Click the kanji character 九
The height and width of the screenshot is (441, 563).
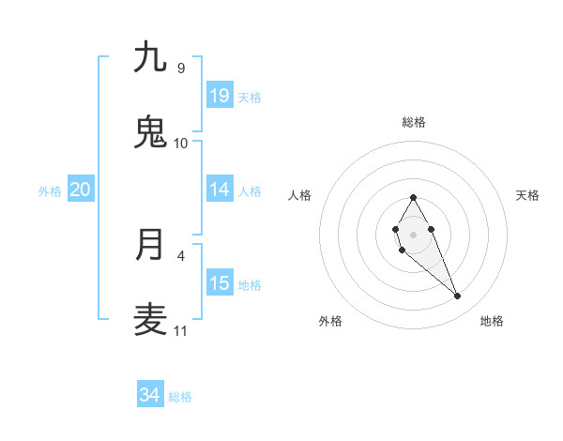(x=150, y=58)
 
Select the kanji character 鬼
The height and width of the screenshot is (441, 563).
(x=150, y=132)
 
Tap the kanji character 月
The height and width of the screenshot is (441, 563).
(x=150, y=245)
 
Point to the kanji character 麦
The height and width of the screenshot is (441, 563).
(x=150, y=320)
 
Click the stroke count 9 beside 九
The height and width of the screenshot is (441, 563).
(x=180, y=68)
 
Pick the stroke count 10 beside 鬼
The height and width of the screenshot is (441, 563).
(x=180, y=143)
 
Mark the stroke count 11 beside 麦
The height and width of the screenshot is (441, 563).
(x=180, y=330)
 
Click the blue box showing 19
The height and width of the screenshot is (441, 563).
(x=220, y=95)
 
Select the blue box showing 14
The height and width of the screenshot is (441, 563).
(x=220, y=190)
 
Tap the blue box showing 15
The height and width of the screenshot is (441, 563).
(x=220, y=283)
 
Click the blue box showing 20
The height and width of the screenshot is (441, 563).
(x=81, y=190)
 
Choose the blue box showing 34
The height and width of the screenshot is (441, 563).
(x=150, y=395)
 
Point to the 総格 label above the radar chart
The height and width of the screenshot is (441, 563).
(x=413, y=122)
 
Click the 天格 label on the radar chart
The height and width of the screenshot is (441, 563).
(x=527, y=195)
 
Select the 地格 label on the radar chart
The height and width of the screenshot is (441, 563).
(x=492, y=321)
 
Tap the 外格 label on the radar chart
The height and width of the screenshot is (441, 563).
(x=330, y=321)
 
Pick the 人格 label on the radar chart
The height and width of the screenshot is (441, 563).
(x=300, y=195)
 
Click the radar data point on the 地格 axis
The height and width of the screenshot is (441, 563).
(x=458, y=297)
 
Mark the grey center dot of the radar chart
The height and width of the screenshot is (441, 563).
(x=413, y=233)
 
